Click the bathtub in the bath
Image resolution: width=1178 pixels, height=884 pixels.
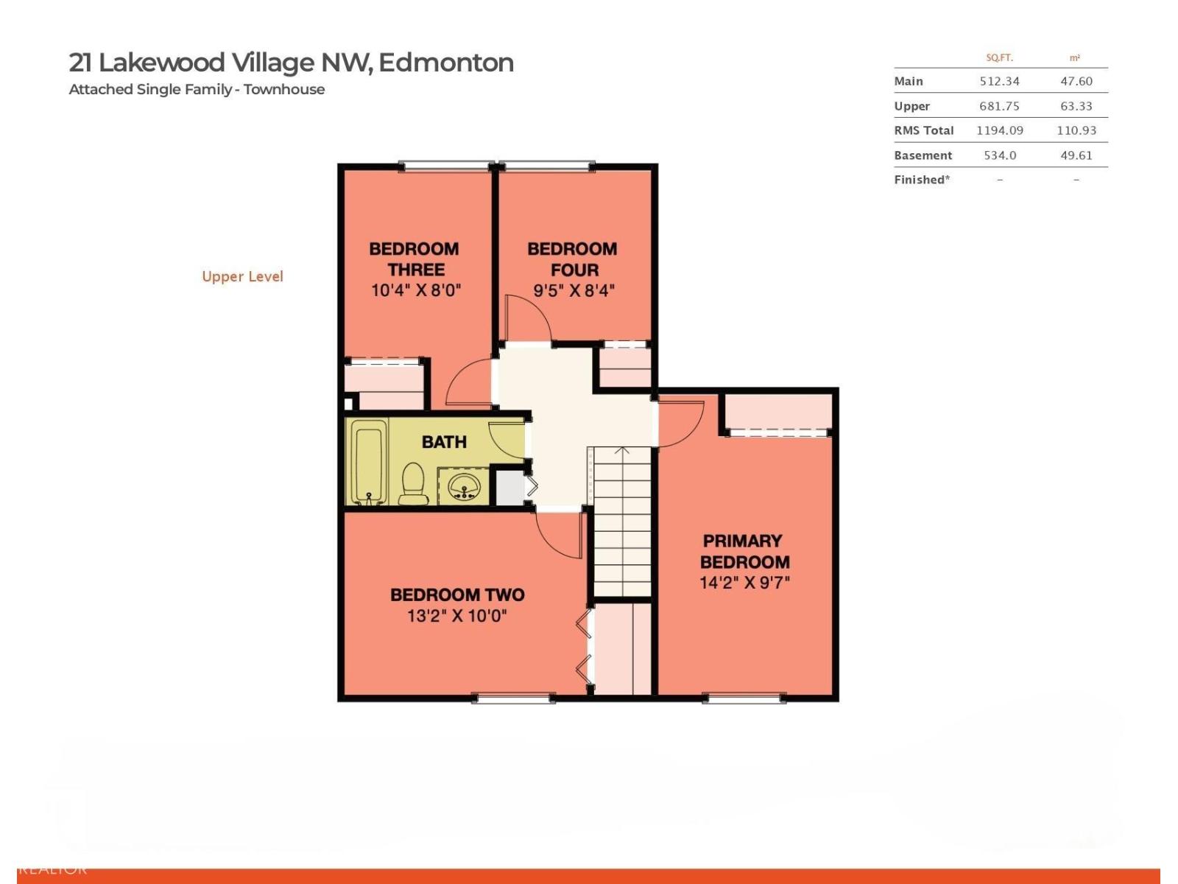(x=368, y=462)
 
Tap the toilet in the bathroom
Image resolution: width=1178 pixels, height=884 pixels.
(x=414, y=484)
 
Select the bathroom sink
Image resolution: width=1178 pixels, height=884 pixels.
(x=464, y=486)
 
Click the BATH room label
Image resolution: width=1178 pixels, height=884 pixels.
(x=444, y=442)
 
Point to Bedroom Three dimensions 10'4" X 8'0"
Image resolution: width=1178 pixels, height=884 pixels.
(x=416, y=290)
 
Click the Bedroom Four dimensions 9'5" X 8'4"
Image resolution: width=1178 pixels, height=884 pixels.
(x=574, y=290)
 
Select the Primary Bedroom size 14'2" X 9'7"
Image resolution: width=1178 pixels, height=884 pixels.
(x=744, y=583)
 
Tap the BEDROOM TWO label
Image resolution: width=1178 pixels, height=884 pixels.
(x=457, y=594)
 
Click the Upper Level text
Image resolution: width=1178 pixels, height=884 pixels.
(x=242, y=276)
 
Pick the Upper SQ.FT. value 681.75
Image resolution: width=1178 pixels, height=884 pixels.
(x=999, y=106)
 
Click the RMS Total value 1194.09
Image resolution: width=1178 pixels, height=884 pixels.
(x=999, y=130)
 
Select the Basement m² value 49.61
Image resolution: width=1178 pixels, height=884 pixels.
(x=1076, y=155)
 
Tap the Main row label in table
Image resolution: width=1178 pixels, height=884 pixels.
(x=909, y=81)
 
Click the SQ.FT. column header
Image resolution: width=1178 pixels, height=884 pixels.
(x=999, y=57)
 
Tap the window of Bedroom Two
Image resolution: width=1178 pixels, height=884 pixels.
(x=513, y=697)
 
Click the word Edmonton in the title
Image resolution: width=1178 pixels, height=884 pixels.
(x=446, y=63)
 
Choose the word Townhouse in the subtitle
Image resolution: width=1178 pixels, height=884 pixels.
(x=284, y=89)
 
